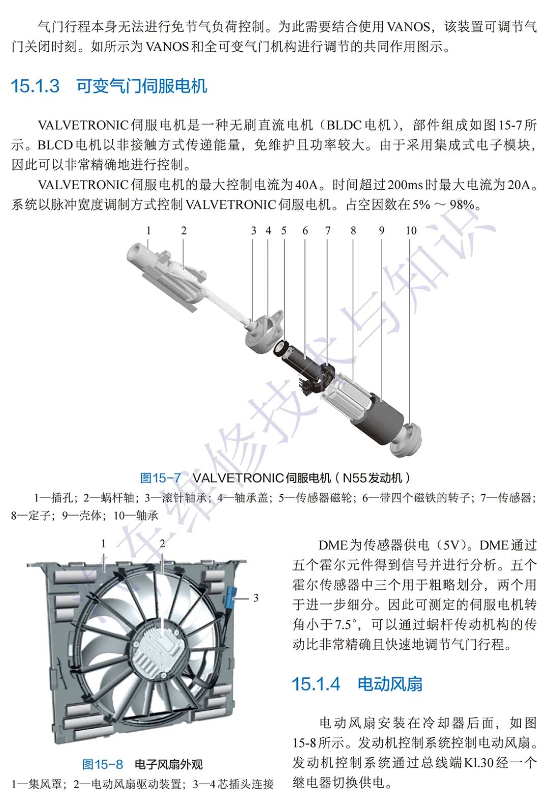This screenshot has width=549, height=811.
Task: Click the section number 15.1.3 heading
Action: (36, 86)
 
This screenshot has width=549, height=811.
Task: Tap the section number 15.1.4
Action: (316, 684)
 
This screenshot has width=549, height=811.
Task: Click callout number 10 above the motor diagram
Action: (411, 230)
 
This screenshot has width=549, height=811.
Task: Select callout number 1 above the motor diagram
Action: (148, 230)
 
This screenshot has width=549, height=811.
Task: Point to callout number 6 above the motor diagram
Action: (305, 230)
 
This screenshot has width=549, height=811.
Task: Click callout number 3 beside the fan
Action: (256, 597)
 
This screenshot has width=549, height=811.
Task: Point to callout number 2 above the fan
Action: (162, 544)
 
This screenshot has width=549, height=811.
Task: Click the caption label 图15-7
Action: (160, 478)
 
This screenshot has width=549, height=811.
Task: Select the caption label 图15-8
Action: (103, 764)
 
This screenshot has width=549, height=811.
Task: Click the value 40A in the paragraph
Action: (306, 185)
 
